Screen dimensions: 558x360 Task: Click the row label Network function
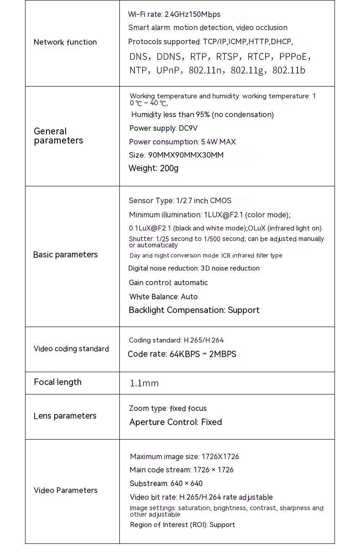65,42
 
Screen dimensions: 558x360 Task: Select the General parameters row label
58,136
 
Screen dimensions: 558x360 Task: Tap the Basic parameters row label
65,255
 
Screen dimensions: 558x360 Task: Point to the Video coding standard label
71,349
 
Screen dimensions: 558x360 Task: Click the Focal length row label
57,382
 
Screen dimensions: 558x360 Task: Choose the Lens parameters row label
65,416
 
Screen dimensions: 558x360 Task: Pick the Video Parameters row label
65,491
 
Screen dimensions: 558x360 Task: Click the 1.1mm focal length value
144,384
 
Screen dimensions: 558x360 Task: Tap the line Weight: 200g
153,169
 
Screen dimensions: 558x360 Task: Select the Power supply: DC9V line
163,128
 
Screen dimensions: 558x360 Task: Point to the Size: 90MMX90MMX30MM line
176,155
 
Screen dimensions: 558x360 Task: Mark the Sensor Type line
180,201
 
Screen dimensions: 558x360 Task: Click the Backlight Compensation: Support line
194,310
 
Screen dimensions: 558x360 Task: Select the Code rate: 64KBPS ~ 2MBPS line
182,354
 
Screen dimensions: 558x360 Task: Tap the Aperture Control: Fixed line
175,422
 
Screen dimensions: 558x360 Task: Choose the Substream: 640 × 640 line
166,484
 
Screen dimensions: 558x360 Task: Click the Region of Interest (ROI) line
182,525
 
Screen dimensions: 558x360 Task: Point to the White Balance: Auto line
163,297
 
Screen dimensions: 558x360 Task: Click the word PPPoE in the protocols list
294,57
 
